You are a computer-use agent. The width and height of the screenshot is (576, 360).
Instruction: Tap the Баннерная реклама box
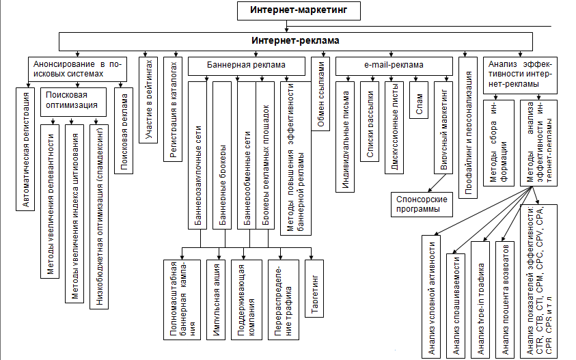(x=246, y=66)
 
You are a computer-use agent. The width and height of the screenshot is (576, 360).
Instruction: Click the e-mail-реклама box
(x=394, y=66)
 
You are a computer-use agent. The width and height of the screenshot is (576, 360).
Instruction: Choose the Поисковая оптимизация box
(x=72, y=100)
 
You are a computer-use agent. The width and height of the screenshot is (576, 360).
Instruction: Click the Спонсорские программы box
(x=422, y=204)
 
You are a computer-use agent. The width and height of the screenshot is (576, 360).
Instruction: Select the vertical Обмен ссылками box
(x=321, y=100)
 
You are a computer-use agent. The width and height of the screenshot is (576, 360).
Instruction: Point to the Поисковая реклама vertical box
(x=124, y=130)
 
